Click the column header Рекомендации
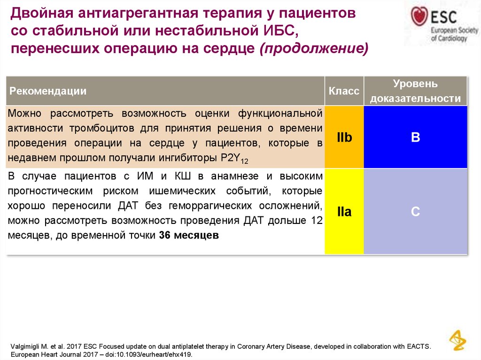48,91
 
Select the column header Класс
344,91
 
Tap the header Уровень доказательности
415,91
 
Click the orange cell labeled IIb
344,138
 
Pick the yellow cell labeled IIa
344,212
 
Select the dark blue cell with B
415,138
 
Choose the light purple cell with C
415,212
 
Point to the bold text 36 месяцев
189,236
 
